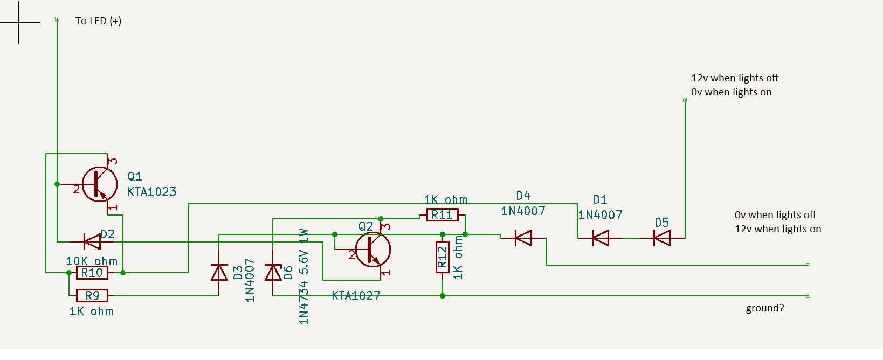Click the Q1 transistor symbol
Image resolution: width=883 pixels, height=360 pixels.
coord(99,184)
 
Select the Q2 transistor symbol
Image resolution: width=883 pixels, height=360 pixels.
coord(373,250)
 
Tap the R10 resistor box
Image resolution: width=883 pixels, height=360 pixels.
coord(92,273)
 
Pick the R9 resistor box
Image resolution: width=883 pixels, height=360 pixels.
coord(92,295)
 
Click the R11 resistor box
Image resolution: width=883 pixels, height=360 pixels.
coord(442,215)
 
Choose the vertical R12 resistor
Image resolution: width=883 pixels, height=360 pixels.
coord(442,257)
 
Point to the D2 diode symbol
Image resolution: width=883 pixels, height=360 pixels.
coord(92,241)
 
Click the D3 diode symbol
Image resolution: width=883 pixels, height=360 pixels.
coord(219,272)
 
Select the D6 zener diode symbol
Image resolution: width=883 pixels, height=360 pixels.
coord(273,272)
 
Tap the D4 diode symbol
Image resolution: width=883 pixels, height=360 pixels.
coord(523,238)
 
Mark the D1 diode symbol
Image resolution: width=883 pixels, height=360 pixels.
coord(601,238)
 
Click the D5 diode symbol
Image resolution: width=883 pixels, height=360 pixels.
coord(662,238)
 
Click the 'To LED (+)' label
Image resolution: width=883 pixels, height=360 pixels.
coord(99,21)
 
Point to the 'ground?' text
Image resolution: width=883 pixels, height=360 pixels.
coord(765,308)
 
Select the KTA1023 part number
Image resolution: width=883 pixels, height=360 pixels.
coord(152,192)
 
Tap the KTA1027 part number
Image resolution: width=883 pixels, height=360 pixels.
coord(356,295)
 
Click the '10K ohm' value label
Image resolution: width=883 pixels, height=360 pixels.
coord(92,261)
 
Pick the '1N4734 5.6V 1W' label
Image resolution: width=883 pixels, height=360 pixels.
coord(304,276)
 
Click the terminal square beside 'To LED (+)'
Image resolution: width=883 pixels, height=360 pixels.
coord(57,19)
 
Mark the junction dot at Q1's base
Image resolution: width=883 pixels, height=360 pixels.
coord(57,184)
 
